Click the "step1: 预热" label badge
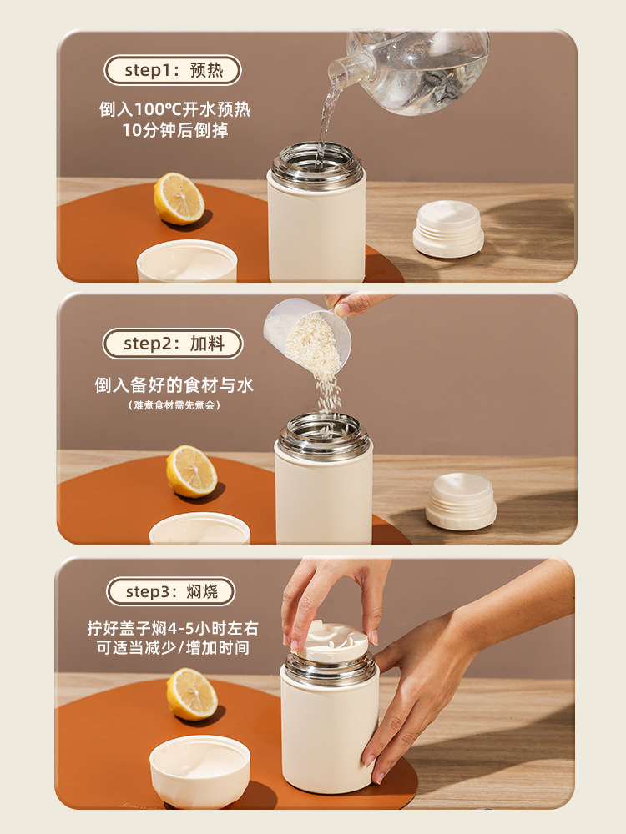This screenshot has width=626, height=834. [x=173, y=70]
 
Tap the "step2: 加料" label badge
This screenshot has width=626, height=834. [x=173, y=344]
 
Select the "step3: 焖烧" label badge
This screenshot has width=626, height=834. [x=171, y=591]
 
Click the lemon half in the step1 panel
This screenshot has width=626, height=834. [x=179, y=198]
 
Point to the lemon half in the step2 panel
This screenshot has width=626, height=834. [x=191, y=471]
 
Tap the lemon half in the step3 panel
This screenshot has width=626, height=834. [x=192, y=694]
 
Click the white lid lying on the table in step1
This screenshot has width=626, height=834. [x=448, y=229]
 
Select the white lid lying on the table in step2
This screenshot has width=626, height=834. [x=461, y=501]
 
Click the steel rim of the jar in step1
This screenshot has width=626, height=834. [x=317, y=165]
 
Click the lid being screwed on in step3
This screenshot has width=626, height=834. [x=332, y=641]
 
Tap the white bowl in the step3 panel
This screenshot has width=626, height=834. [x=199, y=764]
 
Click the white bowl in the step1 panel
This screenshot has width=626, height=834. [x=187, y=260]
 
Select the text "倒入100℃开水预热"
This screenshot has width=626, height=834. [x=174, y=109]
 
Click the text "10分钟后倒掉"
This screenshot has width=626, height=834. [x=175, y=130]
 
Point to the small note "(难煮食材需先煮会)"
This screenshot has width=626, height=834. [x=174, y=405]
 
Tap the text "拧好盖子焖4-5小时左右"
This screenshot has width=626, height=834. [x=173, y=628]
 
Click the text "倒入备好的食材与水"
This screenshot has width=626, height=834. [x=174, y=385]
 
